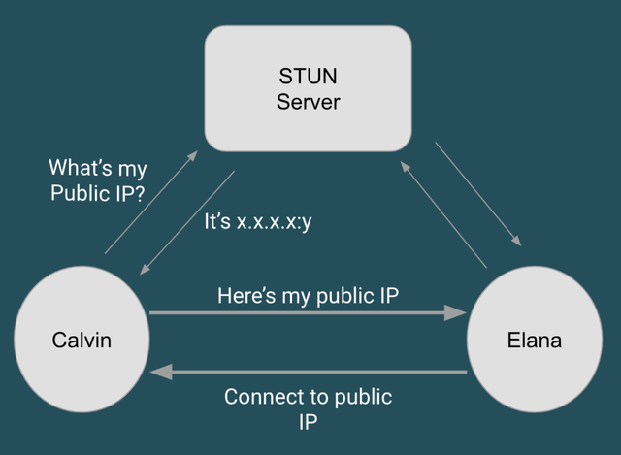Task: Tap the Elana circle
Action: click(x=535, y=340)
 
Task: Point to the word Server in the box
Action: click(x=308, y=101)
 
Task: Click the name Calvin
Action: click(x=82, y=340)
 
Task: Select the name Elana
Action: click(x=535, y=341)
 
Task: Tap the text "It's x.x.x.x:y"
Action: click(x=257, y=221)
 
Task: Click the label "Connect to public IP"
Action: click(x=309, y=409)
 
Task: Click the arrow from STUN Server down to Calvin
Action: click(x=187, y=222)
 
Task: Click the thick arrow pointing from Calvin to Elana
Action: click(x=308, y=313)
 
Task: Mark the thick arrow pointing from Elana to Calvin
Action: click(x=308, y=372)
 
